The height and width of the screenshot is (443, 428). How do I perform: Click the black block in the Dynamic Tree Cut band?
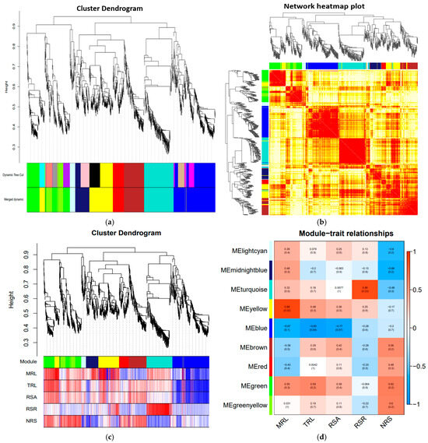click(x=95, y=175)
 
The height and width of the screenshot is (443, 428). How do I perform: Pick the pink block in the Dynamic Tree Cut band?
click(x=82, y=175)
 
